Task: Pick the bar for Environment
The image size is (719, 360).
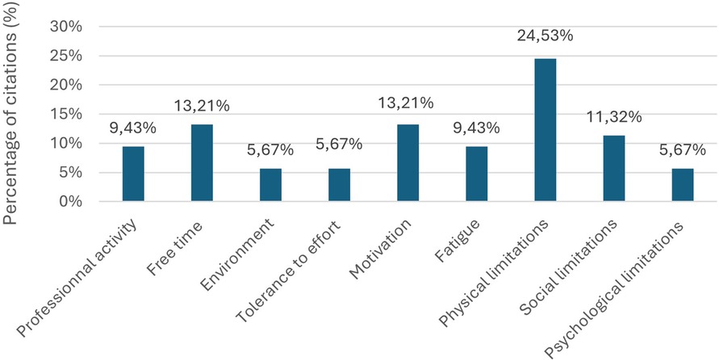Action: point(270,185)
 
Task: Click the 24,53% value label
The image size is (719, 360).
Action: point(545,36)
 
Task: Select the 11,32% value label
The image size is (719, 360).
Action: point(614,117)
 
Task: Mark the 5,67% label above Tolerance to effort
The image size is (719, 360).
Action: point(339,144)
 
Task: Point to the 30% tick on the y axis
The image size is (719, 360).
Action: point(66,27)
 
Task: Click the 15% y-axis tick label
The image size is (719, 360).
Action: point(66,114)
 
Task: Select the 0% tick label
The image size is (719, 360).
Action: point(70,202)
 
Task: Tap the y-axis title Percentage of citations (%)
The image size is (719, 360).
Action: point(14,113)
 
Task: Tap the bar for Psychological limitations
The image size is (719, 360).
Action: point(682,185)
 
